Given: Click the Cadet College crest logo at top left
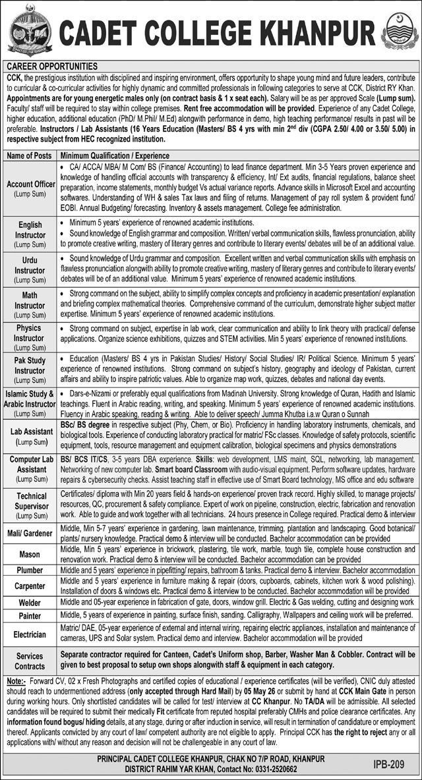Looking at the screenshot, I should click(30, 30).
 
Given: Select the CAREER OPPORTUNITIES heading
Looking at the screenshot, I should click(52, 67).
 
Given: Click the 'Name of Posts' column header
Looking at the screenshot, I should click(30, 155).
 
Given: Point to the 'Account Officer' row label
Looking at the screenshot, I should click(30, 185).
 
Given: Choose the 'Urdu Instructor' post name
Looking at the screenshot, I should click(30, 265).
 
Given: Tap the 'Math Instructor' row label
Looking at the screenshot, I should click(30, 300).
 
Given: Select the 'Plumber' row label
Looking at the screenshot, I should click(30, 570).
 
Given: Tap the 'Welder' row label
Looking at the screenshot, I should click(30, 602).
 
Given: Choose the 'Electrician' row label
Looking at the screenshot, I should click(30, 634).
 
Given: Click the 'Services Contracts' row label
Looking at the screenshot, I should click(30, 661).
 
